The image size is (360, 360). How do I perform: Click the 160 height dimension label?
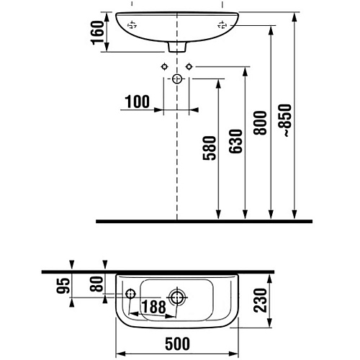point(97,32)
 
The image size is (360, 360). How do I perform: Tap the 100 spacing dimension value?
point(138,102)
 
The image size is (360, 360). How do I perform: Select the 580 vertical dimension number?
point(210,148)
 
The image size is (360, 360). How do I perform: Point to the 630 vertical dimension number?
point(235,141)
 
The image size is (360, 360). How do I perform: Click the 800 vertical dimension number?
point(260,123)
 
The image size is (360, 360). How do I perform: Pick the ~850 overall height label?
point(287,120)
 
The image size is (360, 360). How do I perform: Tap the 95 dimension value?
point(63,286)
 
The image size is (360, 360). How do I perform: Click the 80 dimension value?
point(96,284)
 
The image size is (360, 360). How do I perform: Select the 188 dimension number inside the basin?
point(153,307)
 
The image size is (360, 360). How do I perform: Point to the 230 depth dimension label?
point(260,300)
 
